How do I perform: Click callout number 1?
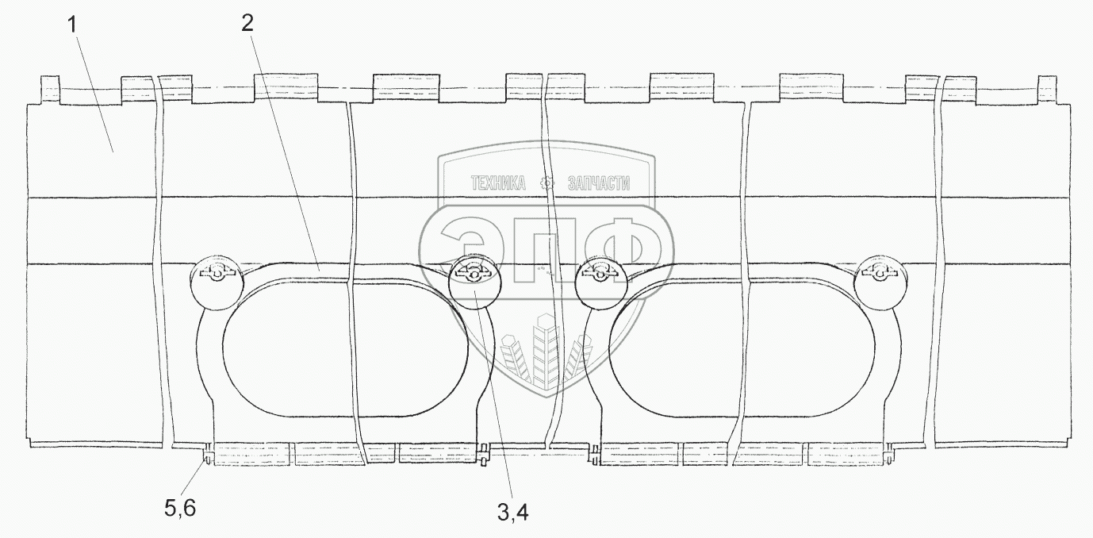(x=73, y=25)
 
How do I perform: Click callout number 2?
(x=248, y=22)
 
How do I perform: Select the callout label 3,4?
(x=513, y=513)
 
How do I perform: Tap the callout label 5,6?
(x=180, y=509)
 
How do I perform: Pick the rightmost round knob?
(x=880, y=282)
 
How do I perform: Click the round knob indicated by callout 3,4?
(x=474, y=281)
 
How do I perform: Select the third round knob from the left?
(x=601, y=282)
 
